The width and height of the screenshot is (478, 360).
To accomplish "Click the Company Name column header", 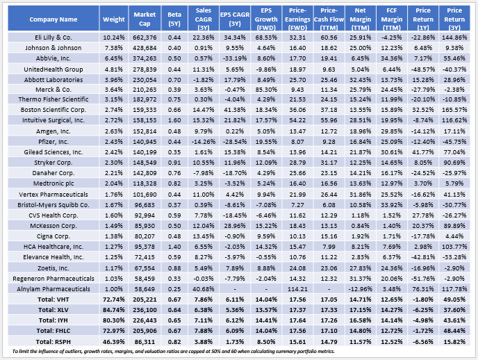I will coord(48,19).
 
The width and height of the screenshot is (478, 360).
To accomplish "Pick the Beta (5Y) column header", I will coord(174,19).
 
